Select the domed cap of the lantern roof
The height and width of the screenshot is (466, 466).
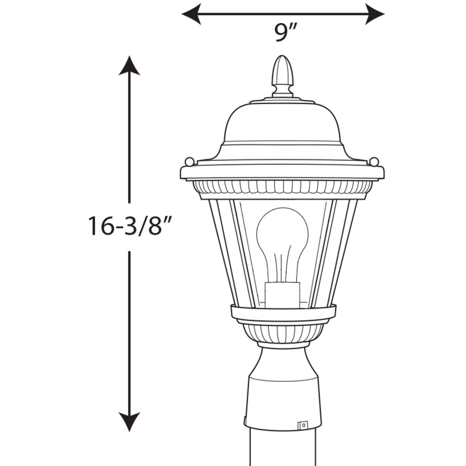click(x=282, y=123)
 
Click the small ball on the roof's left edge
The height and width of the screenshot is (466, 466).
click(x=189, y=161)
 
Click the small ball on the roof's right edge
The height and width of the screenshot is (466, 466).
click(x=374, y=161)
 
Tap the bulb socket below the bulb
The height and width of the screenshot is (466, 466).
click(x=282, y=294)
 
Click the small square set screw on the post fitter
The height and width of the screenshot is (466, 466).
click(x=302, y=425)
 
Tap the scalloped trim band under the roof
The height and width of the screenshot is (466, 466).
click(x=282, y=187)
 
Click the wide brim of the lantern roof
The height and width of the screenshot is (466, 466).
click(x=282, y=172)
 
